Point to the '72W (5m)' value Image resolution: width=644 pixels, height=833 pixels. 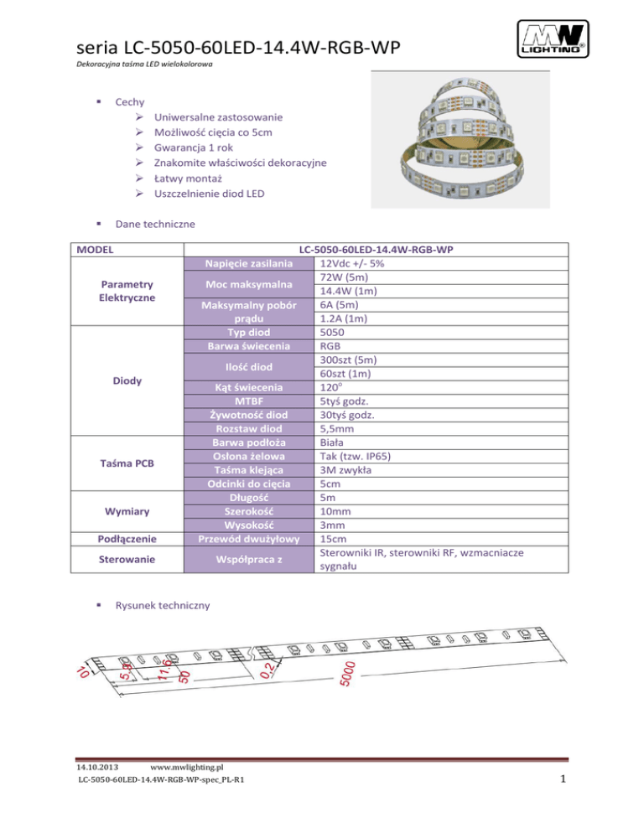[342, 277]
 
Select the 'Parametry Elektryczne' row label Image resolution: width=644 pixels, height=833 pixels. [123, 291]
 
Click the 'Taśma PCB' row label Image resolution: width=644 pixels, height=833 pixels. [123, 463]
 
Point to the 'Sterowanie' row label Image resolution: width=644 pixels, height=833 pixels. [123, 559]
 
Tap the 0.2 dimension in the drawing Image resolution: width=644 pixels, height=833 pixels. [267, 668]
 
